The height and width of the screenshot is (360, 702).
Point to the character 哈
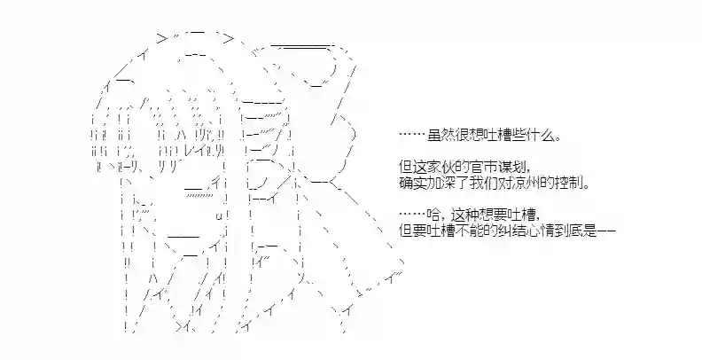click(434, 215)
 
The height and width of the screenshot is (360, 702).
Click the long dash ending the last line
click(606, 231)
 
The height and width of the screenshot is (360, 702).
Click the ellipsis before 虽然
click(412, 134)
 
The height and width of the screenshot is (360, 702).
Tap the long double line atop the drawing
click(301, 45)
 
